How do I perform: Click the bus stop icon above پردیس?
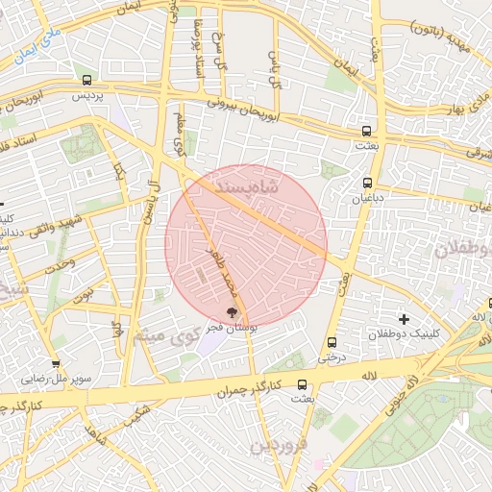point(87,81)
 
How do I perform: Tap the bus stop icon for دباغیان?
point(367,183)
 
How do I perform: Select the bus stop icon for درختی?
point(332,342)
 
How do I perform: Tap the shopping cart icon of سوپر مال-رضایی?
point(57,364)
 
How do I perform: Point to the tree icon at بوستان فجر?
point(231,311)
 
